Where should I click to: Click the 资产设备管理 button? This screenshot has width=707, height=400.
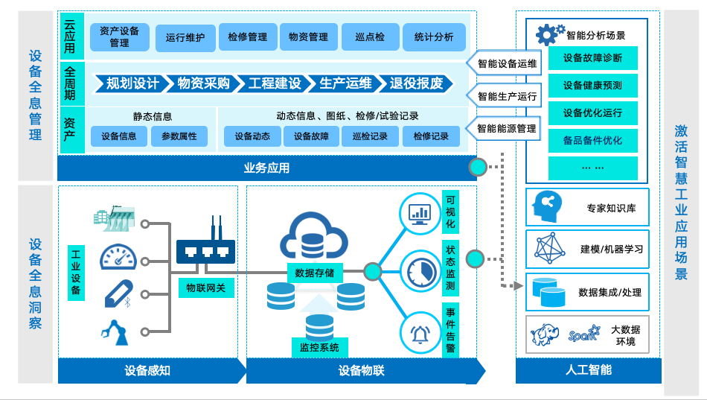tap(120, 37)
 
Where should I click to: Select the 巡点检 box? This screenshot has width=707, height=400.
tap(370, 37)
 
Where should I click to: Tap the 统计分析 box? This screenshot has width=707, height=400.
tap(434, 37)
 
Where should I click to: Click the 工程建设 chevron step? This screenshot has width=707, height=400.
tap(275, 83)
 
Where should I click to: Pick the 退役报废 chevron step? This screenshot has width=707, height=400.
tap(415, 83)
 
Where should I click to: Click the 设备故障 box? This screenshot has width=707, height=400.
tap(312, 136)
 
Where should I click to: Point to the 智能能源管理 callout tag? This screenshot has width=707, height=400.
tap(505, 128)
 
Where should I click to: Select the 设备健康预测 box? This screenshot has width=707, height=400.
tap(592, 86)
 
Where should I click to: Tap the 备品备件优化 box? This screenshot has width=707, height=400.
tap(592, 141)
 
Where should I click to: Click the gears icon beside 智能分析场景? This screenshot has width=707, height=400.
tap(550, 34)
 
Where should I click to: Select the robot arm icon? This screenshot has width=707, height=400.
tap(115, 331)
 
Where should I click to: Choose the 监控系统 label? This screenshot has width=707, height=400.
tap(319, 347)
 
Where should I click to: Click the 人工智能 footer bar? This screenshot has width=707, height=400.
tap(588, 370)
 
